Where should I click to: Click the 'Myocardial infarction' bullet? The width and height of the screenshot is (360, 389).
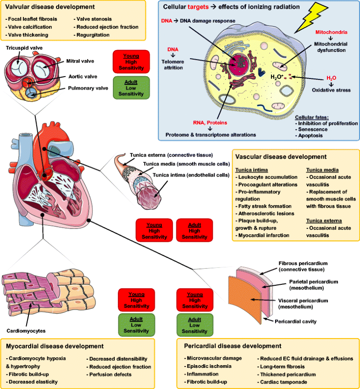click(266, 235)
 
